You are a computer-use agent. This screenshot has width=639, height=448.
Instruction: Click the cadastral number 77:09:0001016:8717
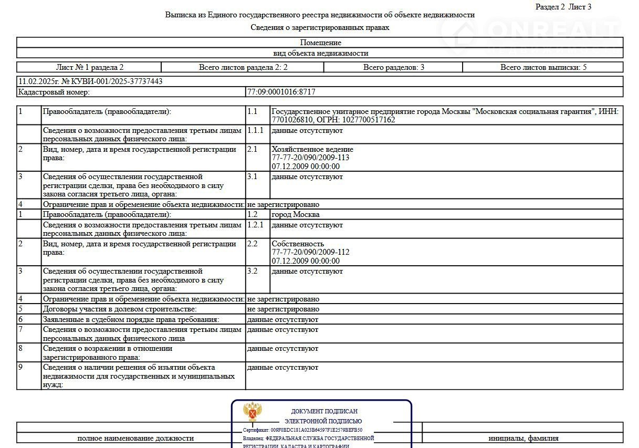[x=281, y=92]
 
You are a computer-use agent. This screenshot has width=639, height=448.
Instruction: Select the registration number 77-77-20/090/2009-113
[x=310, y=158]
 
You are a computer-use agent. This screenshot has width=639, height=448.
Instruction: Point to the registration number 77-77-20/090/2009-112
[x=310, y=252]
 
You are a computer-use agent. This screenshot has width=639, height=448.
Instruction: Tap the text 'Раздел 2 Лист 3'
[x=563, y=7]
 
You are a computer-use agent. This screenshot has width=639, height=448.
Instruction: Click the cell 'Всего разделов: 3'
[x=393, y=67]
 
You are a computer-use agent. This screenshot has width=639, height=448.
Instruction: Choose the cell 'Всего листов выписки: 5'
[x=543, y=67]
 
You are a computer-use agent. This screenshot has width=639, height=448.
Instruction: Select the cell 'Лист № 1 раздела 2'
[x=89, y=67]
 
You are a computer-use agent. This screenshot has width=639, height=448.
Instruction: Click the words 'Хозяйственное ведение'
[x=312, y=149]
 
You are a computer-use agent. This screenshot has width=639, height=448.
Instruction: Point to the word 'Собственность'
[x=298, y=244]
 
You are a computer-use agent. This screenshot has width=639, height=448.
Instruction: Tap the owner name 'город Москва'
[x=296, y=214]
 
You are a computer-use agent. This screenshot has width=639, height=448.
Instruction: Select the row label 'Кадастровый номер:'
[x=54, y=92]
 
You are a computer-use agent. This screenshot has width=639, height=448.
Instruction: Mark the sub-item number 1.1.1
[x=255, y=130]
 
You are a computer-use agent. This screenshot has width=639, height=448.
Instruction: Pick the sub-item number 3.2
[x=252, y=271]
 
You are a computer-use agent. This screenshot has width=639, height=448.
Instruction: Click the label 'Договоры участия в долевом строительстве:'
[x=120, y=309]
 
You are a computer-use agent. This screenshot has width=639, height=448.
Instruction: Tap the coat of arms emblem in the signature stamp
[x=253, y=412]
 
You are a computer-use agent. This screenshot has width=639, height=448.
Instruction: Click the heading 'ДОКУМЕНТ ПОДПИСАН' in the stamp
[x=324, y=411]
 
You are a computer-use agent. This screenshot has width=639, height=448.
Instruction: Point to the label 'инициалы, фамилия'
[x=523, y=438]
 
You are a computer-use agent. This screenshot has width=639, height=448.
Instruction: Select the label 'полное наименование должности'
[x=135, y=438]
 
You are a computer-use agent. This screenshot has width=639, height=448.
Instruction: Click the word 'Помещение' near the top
[x=320, y=43]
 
